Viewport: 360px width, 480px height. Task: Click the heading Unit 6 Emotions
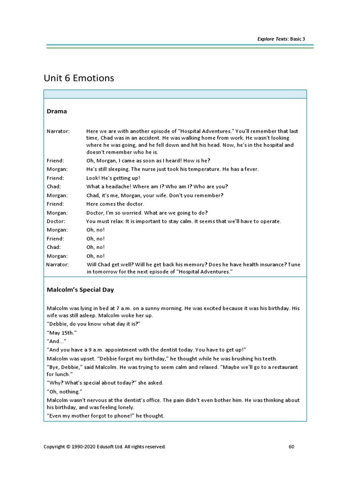tap(79, 78)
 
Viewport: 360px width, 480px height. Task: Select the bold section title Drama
tap(57, 111)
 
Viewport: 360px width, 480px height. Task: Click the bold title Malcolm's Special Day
tap(80, 290)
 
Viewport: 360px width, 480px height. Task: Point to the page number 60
tap(291, 447)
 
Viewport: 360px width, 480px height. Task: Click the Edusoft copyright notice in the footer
tap(104, 447)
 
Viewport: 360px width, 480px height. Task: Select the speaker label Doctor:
tap(56, 221)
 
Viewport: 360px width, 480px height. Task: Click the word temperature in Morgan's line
tap(213, 169)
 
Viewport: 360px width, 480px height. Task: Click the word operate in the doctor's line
tap(270, 221)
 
